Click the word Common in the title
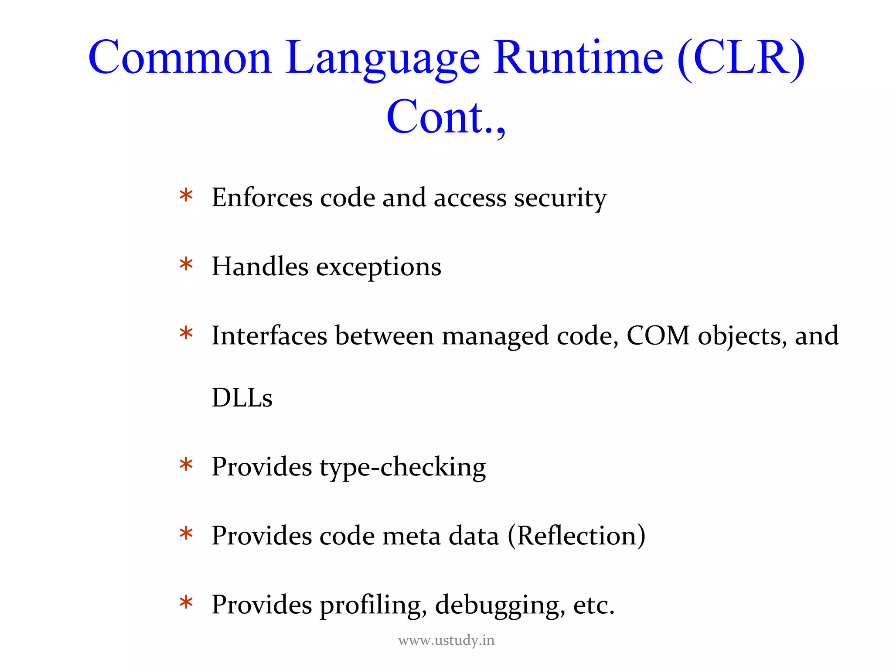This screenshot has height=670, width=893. pyautogui.click(x=180, y=58)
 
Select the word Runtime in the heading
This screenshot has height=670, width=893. pyautogui.click(x=579, y=58)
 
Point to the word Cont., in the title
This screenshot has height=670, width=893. pyautogui.click(x=446, y=117)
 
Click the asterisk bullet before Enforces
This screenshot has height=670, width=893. pyautogui.click(x=186, y=195)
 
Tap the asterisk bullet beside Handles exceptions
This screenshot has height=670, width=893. pyautogui.click(x=186, y=265)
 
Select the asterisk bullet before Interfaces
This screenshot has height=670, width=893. pyautogui.click(x=186, y=334)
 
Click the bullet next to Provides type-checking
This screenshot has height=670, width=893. pyautogui.click(x=186, y=465)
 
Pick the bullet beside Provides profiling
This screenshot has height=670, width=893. pyautogui.click(x=186, y=603)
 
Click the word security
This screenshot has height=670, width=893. pyautogui.click(x=560, y=198)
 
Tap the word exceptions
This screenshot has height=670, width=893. pyautogui.click(x=378, y=267)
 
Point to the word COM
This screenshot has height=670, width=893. pyautogui.click(x=658, y=336)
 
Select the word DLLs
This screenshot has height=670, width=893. pyautogui.click(x=242, y=398)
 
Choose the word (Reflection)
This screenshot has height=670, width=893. pyautogui.click(x=576, y=536)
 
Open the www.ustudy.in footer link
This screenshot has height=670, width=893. pyautogui.click(x=446, y=640)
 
